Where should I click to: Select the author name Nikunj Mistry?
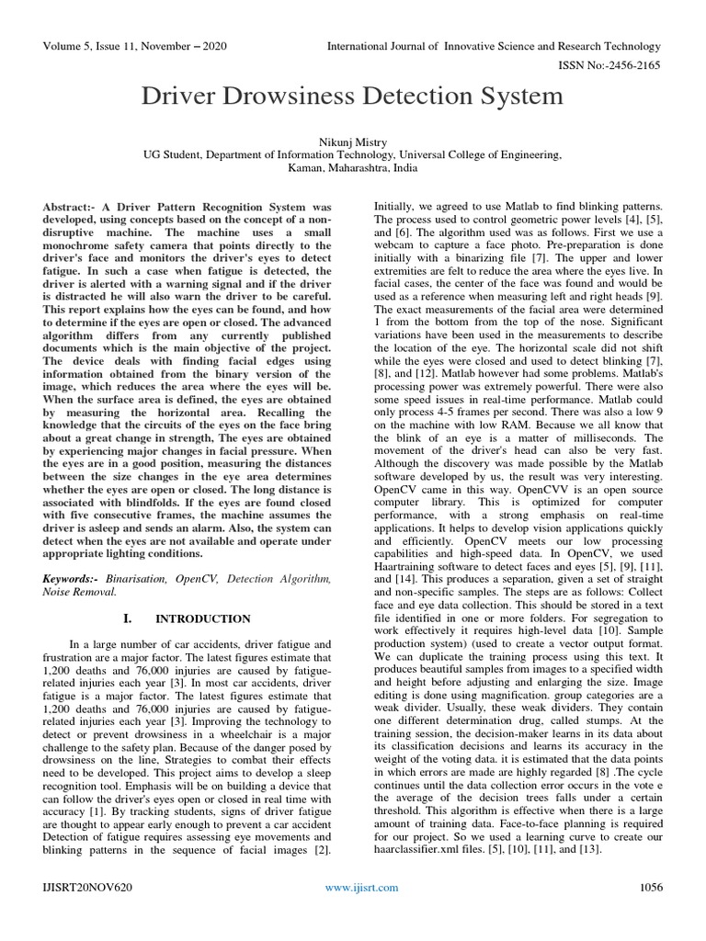coord(353,142)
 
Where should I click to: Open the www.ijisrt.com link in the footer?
coord(363,887)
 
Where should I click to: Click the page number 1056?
coord(650,887)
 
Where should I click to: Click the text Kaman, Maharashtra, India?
coord(353,170)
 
